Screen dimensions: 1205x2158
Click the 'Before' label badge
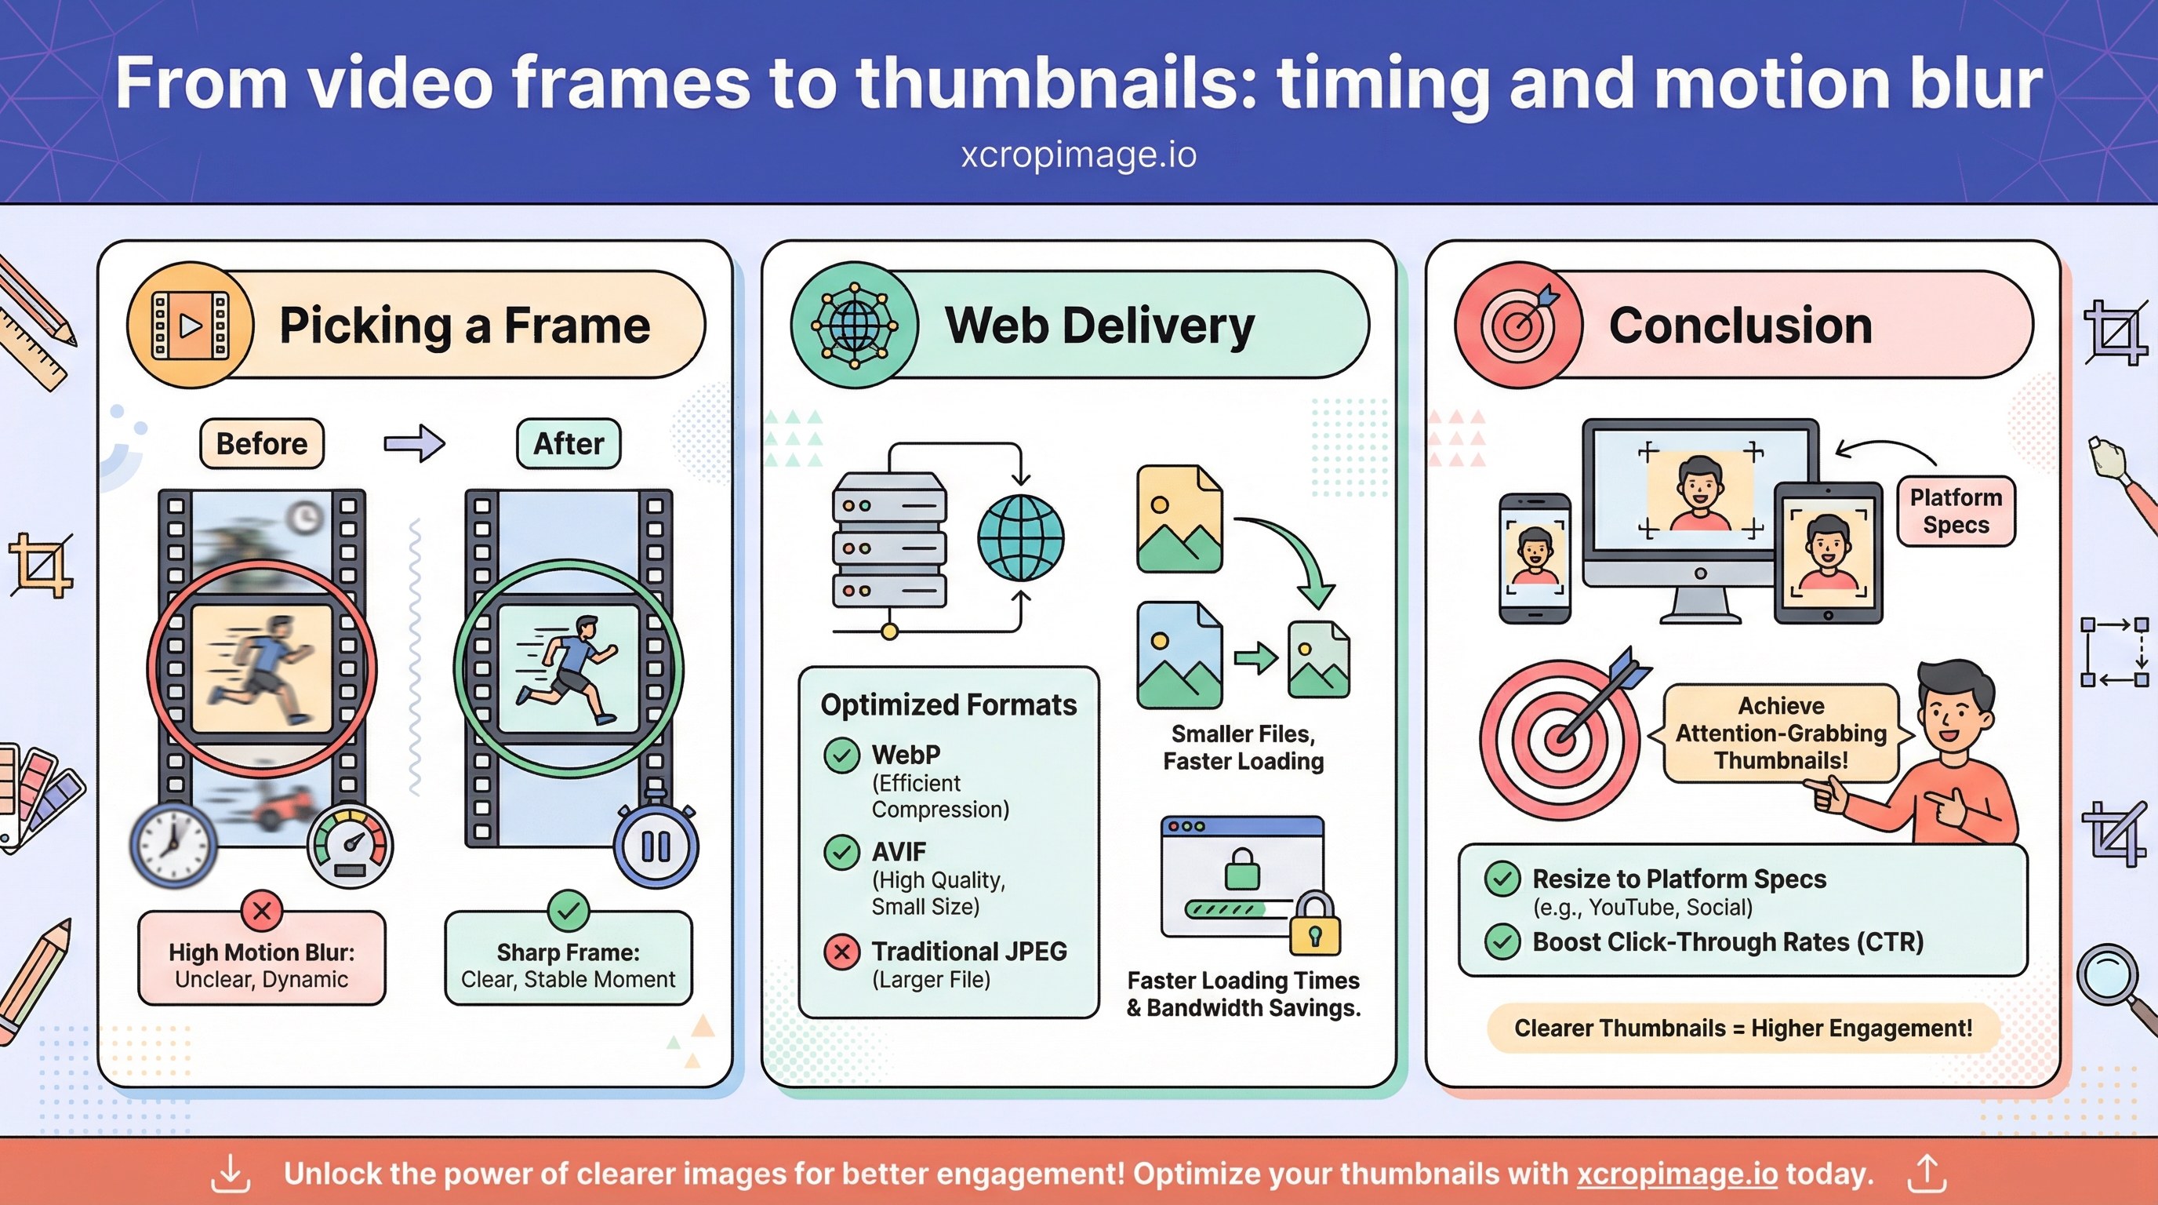261,443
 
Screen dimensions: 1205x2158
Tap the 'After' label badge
568,443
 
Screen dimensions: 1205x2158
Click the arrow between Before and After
414,443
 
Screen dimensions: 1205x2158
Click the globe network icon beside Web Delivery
855,325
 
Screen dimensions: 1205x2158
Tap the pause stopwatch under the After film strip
655,846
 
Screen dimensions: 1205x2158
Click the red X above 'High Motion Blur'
261,910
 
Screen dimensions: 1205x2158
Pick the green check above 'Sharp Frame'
568,910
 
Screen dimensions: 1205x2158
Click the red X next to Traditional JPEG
842,952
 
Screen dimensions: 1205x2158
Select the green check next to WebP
842,755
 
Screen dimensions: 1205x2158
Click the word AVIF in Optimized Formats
898,852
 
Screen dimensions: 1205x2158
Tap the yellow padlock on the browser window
1314,924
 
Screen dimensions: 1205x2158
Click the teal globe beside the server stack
1020,538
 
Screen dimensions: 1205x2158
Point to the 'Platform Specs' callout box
1955,511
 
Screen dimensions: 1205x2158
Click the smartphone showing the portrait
1535,558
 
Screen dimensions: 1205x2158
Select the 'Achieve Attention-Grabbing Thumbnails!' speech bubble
1780,734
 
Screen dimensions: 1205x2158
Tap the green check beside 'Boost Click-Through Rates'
1502,942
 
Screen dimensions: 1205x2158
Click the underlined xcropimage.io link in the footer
1677,1174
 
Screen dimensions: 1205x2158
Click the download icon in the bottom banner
231,1174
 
